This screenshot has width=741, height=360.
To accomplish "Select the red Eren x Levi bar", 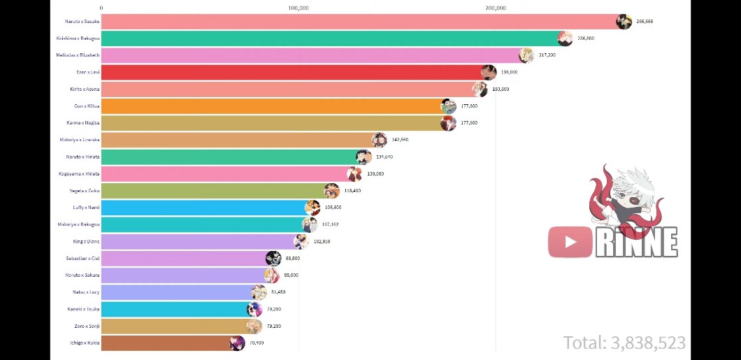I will (x=294, y=72).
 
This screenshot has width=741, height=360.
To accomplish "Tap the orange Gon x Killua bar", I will (x=273, y=106).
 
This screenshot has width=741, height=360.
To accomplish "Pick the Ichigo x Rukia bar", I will (x=168, y=343).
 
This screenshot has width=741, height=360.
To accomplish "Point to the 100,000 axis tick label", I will (x=298, y=8).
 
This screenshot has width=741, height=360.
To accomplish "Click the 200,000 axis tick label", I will (x=495, y=8).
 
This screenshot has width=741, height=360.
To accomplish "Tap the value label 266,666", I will (x=645, y=22).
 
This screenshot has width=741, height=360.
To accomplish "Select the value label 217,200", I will (x=547, y=55).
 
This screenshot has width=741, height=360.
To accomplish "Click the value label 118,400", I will (x=352, y=191).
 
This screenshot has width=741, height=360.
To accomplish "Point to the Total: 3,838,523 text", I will (x=624, y=343).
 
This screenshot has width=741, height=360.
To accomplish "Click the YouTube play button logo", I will (x=570, y=242).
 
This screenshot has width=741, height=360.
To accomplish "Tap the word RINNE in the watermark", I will (x=636, y=243).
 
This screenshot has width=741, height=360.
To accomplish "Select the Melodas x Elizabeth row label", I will (x=78, y=55).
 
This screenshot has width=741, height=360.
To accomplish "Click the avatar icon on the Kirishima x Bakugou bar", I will (x=565, y=38).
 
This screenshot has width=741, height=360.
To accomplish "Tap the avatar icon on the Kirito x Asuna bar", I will (x=480, y=89).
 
